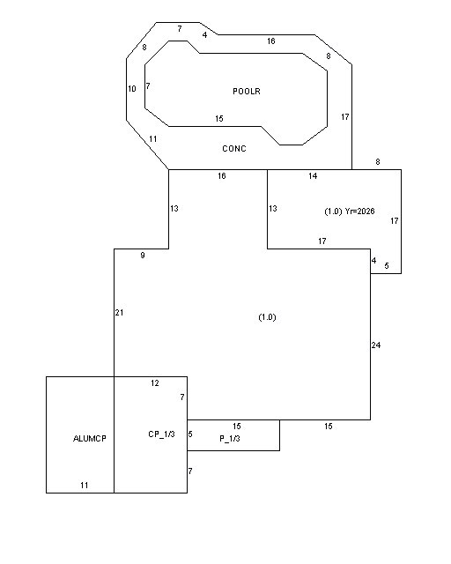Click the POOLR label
247,92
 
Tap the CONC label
234,149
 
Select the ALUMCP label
90,439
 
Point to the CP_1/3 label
161,434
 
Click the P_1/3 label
230,439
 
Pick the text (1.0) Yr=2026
349,211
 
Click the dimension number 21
120,313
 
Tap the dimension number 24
376,345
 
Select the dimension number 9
143,255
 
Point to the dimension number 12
155,383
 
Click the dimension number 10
132,88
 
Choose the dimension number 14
313,176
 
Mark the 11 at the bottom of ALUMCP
85,486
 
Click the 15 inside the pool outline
219,118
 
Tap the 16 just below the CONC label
222,176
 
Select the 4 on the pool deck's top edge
204,35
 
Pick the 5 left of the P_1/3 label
190,434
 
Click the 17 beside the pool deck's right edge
345,117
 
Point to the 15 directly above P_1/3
236,427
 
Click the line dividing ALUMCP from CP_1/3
114,434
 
